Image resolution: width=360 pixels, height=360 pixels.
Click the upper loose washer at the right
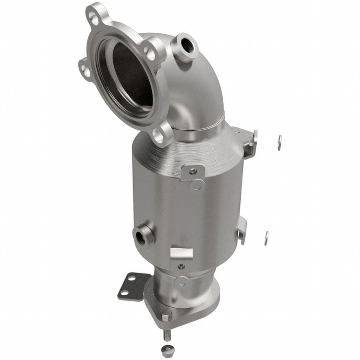coord(279,142)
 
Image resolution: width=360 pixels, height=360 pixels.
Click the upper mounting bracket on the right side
coord(250,142)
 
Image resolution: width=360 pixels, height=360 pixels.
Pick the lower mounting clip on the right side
coord(243,230)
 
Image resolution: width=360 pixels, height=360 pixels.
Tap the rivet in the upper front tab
coord(192,171)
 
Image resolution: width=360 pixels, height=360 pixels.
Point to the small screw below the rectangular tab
coord(181,266)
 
